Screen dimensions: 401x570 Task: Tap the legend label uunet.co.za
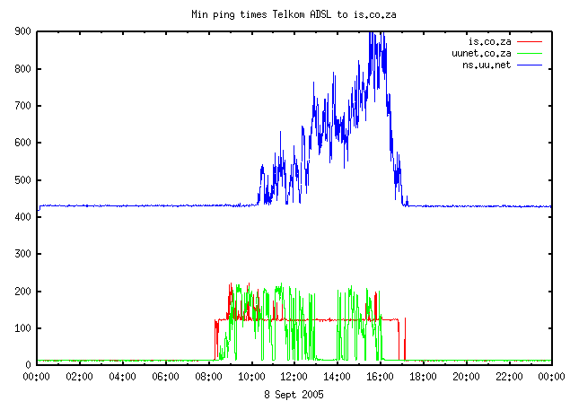point(482,54)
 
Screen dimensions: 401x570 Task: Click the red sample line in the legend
point(530,41)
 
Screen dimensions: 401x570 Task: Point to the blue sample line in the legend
point(530,65)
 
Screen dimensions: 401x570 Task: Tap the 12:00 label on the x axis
point(294,378)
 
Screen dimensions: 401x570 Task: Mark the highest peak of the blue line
point(371,32)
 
